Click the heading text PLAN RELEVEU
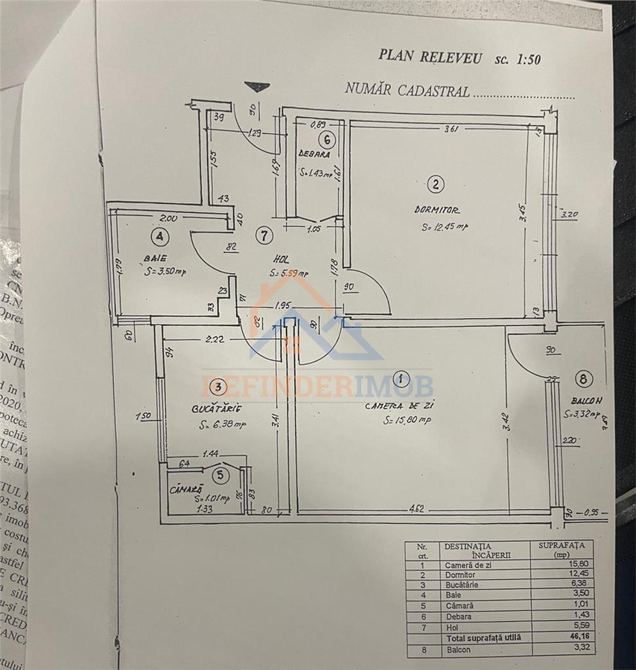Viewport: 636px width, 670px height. tap(430, 57)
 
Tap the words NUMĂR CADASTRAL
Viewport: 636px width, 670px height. tap(407, 90)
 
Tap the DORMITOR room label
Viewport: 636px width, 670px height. tap(437, 210)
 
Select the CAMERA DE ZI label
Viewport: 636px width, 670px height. tap(395, 405)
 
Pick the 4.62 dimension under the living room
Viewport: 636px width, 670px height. tap(416, 509)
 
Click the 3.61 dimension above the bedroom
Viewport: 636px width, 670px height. tap(449, 128)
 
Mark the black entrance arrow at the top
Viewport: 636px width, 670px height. tap(257, 86)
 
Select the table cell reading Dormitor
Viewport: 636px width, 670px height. tap(460, 574)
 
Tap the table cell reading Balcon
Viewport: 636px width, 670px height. tap(459, 649)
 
